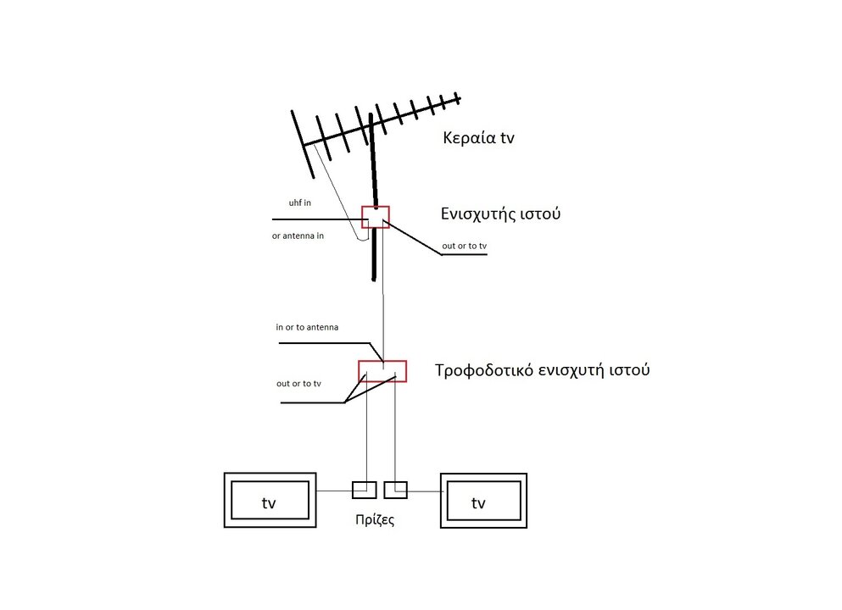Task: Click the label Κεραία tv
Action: [478, 138]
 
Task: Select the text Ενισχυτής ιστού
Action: [500, 213]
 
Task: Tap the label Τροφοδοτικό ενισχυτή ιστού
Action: [542, 370]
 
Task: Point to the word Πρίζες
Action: [374, 520]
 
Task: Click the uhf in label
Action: [300, 203]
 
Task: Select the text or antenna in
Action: [298, 236]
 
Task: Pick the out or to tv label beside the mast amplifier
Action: [465, 247]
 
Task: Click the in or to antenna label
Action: [308, 326]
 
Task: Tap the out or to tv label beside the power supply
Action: [298, 384]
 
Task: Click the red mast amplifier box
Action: [376, 217]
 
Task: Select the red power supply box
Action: [382, 371]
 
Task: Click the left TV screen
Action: [269, 502]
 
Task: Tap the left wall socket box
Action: [364, 490]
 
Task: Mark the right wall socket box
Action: [395, 490]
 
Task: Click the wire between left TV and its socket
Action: [333, 490]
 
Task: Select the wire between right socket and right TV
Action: [424, 490]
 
